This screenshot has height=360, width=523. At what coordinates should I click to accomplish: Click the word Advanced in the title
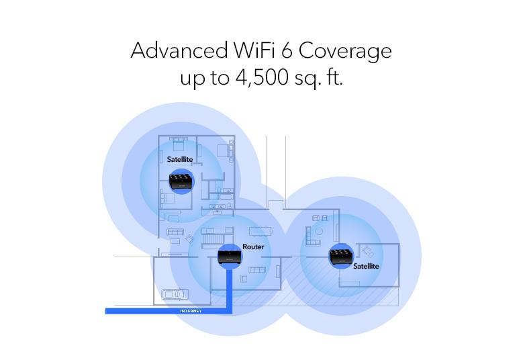point(179,50)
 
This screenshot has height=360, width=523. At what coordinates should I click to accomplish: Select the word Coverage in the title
point(345,52)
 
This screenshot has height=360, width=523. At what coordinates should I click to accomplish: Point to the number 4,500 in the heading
point(262,78)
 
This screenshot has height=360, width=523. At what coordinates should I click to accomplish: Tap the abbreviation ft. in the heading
point(334,77)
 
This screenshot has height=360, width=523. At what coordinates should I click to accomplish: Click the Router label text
point(253,247)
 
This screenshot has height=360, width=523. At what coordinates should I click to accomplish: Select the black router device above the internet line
point(230,256)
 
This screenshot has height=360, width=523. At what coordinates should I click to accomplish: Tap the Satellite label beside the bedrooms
point(180,159)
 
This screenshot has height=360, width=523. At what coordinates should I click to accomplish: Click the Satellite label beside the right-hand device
point(366,266)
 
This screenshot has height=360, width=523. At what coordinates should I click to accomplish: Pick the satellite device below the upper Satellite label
point(181,181)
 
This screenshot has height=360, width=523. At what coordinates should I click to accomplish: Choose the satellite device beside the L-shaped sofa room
point(341,256)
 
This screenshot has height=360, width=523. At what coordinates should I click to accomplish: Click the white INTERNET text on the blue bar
point(191,311)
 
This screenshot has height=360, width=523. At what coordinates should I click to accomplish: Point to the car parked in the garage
point(175,294)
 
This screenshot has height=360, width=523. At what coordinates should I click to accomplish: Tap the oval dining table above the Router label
point(260,231)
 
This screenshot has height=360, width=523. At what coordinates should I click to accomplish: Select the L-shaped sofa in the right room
point(313,236)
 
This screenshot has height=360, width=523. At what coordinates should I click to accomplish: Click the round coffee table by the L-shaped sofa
point(319,231)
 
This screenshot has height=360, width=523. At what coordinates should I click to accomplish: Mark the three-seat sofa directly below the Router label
point(258,269)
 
